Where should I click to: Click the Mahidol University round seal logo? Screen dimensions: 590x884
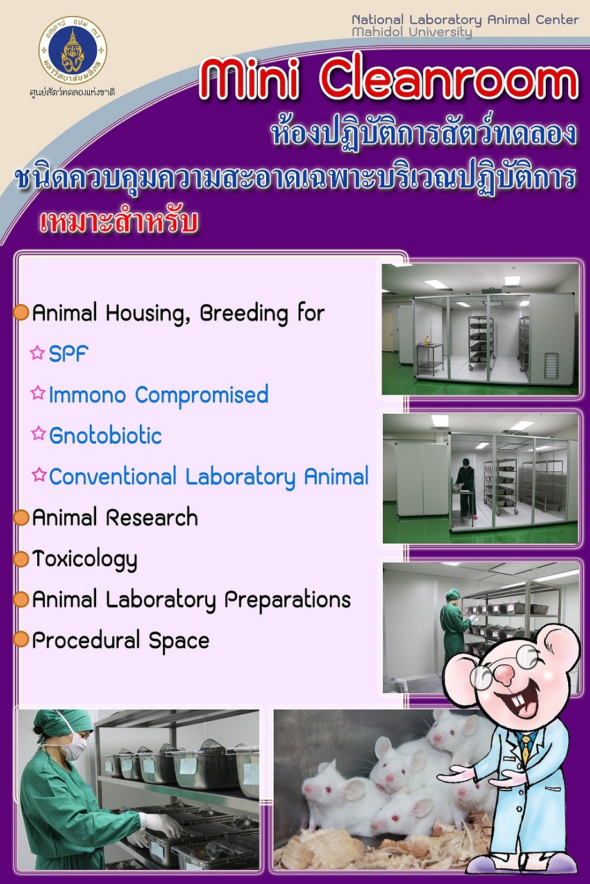click(72, 51)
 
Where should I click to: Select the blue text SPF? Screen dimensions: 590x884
click(68, 354)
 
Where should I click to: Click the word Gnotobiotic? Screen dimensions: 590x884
click(106, 436)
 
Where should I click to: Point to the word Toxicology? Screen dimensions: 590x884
click(85, 560)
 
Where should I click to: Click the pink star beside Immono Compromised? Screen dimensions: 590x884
click(38, 393)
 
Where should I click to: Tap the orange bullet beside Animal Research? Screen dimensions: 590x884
click(21, 518)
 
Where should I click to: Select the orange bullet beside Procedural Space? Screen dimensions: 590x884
click(21, 640)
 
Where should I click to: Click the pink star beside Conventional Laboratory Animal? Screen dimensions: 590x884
click(38, 475)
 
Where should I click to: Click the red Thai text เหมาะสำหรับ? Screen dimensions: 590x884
click(119, 222)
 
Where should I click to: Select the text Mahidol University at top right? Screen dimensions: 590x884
click(412, 32)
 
